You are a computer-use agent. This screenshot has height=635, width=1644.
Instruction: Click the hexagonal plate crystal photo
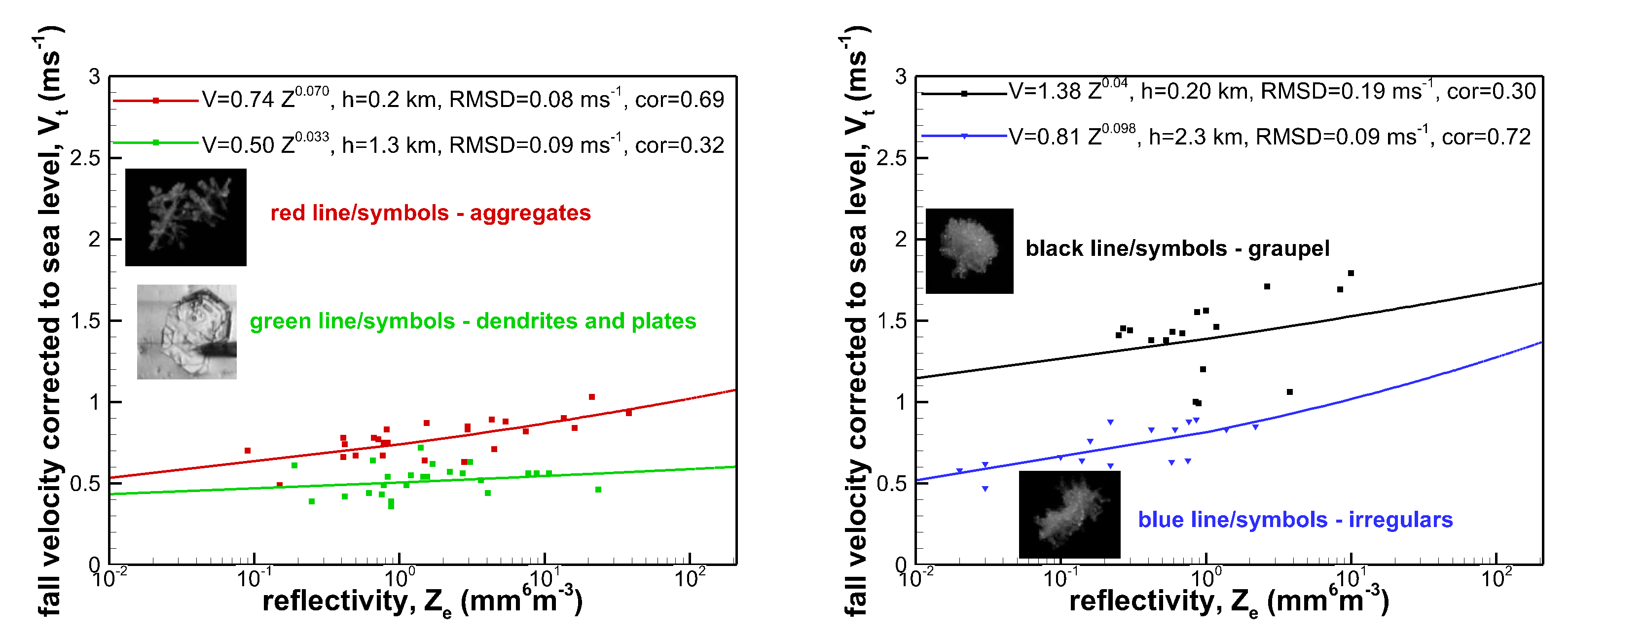[186, 332]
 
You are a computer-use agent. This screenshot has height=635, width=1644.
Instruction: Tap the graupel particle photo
[969, 251]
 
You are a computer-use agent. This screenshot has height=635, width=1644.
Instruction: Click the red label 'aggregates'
[430, 213]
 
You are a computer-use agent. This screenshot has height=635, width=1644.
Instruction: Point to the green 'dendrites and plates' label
[472, 321]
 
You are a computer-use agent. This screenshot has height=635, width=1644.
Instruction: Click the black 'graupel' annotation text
[1177, 248]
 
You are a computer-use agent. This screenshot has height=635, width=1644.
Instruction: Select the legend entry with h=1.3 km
[463, 145]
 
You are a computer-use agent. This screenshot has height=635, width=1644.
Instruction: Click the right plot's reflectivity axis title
[1229, 601]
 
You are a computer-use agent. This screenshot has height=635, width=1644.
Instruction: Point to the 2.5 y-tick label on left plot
[85, 158]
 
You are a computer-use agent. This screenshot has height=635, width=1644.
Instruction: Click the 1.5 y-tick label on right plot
[891, 321]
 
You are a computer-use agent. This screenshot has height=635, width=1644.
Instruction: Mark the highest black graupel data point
[1351, 273]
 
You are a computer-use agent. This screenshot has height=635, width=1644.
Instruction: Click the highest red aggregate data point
[591, 397]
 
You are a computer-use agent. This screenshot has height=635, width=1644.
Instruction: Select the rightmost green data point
[598, 490]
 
